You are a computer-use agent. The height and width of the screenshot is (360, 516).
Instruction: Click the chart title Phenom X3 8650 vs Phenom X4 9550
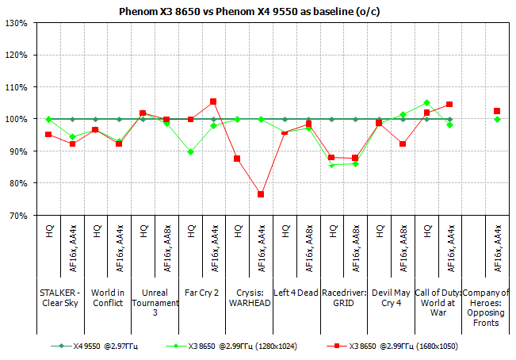(258, 12)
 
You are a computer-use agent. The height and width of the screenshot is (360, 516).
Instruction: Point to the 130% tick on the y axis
(18, 23)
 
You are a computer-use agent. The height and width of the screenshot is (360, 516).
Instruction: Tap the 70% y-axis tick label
(20, 215)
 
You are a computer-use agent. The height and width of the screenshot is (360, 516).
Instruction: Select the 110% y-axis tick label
(18, 87)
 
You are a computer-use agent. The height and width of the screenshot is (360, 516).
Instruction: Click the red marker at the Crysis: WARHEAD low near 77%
(260, 194)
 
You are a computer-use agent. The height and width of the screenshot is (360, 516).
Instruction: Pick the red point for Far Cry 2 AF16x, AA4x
(213, 101)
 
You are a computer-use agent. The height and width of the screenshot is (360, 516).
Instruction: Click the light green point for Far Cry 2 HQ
(190, 151)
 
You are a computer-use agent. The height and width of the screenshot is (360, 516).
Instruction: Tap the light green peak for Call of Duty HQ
(426, 102)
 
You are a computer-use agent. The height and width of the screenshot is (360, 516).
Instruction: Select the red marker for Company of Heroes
(497, 111)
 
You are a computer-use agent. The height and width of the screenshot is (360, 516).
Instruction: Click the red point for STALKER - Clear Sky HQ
(48, 135)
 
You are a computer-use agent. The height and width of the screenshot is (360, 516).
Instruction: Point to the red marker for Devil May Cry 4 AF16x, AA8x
(403, 144)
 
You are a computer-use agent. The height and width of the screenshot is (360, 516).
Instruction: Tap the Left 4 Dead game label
(296, 293)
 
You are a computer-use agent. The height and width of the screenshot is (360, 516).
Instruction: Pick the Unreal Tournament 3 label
(154, 302)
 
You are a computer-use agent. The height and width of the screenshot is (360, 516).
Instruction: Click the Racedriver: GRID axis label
(343, 297)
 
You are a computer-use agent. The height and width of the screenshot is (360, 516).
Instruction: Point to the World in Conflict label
(107, 297)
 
